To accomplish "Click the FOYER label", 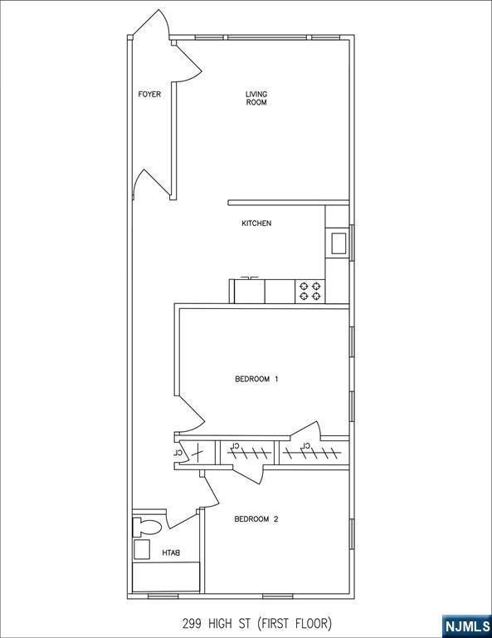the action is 149,95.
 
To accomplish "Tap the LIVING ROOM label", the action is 256,99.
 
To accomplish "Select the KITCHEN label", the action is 256,223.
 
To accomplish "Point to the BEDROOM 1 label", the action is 256,379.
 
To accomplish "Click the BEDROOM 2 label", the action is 256,519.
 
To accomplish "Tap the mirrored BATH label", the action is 171,553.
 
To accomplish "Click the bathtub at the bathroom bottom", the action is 166,577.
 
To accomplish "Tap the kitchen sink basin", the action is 339,243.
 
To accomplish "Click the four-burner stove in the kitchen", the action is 310,292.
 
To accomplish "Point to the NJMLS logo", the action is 466,626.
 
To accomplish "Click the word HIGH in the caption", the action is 222,623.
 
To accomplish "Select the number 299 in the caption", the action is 192,623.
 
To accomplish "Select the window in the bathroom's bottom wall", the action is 163,596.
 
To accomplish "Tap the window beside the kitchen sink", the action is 352,243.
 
